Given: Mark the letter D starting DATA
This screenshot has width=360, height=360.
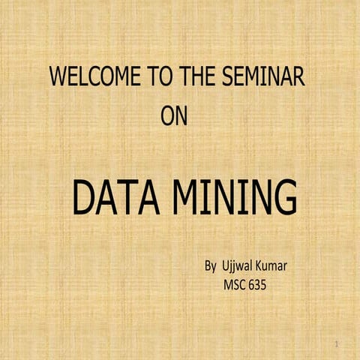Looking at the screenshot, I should coord(83,199).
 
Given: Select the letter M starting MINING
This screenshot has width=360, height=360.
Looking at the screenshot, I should coord(187,199).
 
